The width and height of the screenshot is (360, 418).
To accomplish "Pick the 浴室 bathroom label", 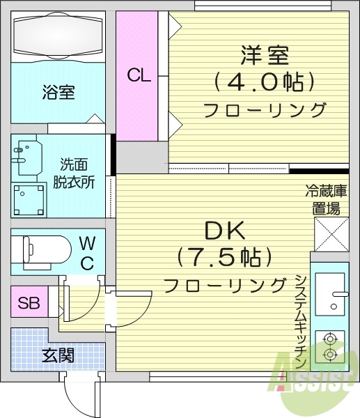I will [x=58, y=92].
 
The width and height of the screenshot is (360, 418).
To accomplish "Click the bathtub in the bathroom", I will [x=58, y=34].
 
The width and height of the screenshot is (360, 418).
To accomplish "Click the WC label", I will [x=87, y=252].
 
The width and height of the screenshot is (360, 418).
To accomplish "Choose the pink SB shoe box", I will [x=28, y=303].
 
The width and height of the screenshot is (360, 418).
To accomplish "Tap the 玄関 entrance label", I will [x=58, y=355].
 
